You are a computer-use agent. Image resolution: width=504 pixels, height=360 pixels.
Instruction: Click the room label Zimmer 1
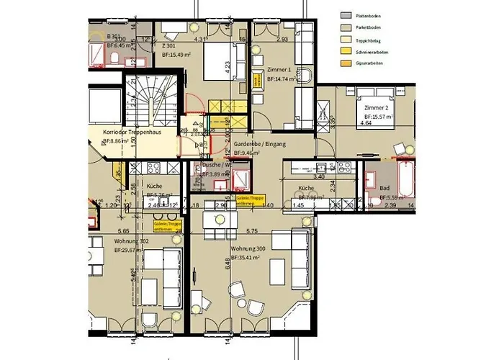point(279,69)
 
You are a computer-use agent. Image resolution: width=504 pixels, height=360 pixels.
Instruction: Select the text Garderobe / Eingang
point(259,144)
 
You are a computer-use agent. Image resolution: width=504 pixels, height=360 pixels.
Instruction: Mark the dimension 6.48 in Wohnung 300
point(227,264)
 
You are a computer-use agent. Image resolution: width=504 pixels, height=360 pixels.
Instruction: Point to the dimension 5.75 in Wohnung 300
point(251,231)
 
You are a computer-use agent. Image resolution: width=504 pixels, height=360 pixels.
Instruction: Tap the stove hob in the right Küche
point(340,170)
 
